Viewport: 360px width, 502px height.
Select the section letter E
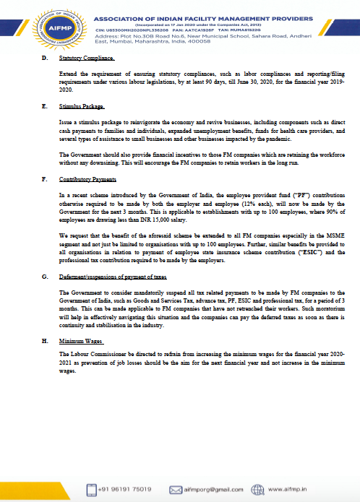(46, 106)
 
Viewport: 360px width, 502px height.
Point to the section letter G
(46, 277)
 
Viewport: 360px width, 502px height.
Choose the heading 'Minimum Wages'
(80, 340)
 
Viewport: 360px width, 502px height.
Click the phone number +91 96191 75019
(129, 489)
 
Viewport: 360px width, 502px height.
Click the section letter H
(46, 340)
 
